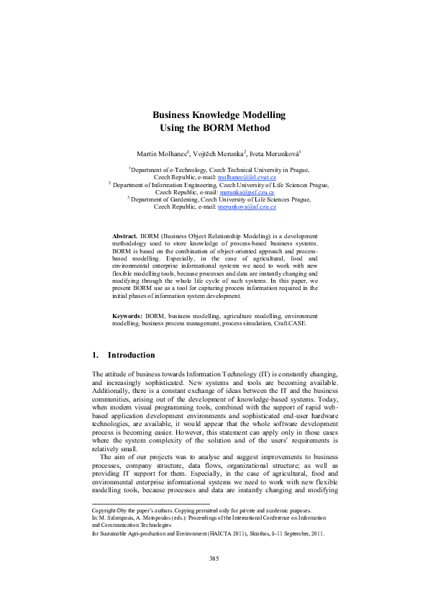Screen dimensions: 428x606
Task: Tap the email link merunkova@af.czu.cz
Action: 247,207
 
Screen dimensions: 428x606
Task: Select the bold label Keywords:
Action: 127,316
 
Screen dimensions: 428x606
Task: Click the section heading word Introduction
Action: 131,355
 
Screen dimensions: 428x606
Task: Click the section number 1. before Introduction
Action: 96,355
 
